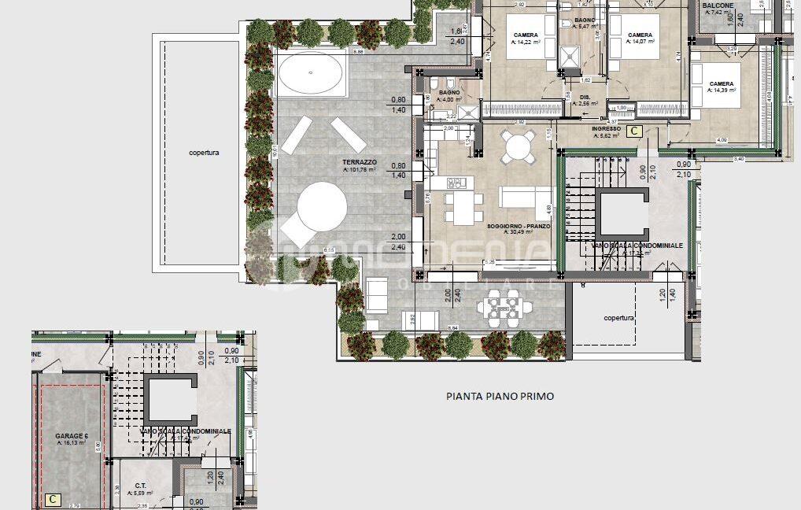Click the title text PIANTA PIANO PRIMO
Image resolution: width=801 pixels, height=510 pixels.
pos(499,396)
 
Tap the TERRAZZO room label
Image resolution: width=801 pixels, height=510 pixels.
pos(358,161)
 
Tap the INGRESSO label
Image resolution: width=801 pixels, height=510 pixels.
pos(606,128)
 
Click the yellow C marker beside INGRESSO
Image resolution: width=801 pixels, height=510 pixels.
pos(635,131)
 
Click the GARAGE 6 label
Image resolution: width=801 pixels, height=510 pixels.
pos(71,435)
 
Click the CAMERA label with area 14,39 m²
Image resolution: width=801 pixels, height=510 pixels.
pos(721,84)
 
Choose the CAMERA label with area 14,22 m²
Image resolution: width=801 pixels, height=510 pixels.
pos(526,35)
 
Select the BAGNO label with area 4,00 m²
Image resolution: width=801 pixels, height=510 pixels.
pos(450,93)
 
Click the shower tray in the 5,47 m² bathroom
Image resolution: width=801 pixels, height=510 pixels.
pos(568,56)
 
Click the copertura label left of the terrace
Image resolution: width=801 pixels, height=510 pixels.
pos(204,152)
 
